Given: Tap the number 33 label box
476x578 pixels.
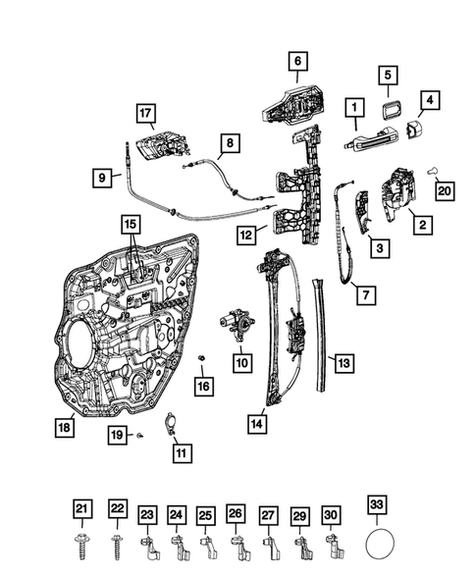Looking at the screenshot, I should coord(376,507).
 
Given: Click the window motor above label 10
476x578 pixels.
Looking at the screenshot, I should coord(237,323).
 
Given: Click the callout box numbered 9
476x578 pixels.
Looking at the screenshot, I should coord(101,178).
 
